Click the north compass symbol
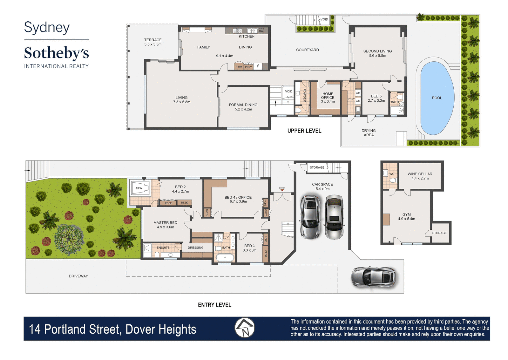click(x=245, y=328)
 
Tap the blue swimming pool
click(x=437, y=98)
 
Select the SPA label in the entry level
click(x=139, y=188)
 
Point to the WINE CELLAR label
click(x=420, y=174)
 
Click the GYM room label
click(x=406, y=214)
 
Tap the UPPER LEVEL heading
click(x=304, y=131)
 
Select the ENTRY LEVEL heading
click(x=214, y=305)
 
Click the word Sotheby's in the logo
click(x=56, y=53)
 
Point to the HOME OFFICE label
click(x=328, y=96)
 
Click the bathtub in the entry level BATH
click(x=224, y=258)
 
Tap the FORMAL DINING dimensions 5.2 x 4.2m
click(x=243, y=109)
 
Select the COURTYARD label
click(x=307, y=50)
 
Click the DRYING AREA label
click(x=368, y=133)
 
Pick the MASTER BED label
click(x=165, y=223)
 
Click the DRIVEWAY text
click(x=78, y=276)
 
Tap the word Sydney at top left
click(x=47, y=28)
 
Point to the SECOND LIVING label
click(x=377, y=51)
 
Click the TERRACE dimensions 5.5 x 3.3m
click(x=153, y=44)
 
